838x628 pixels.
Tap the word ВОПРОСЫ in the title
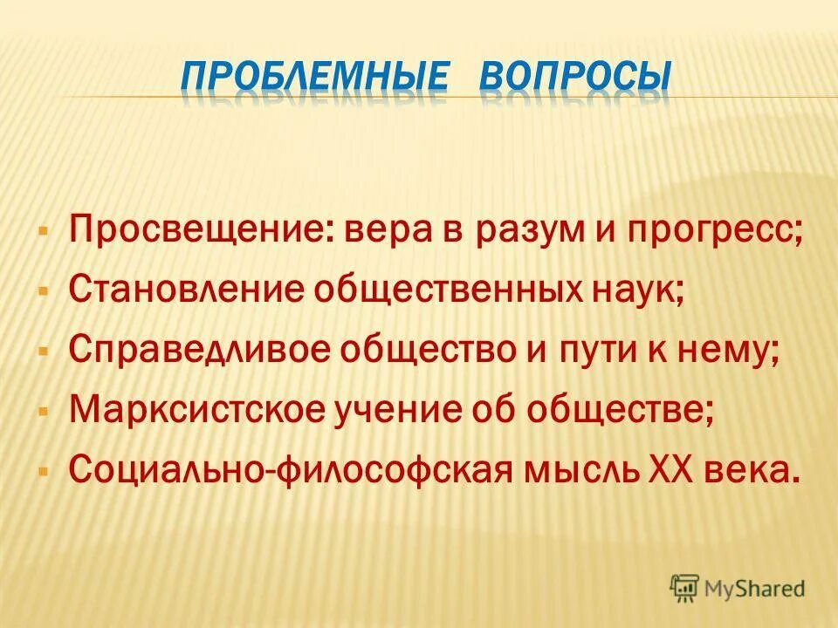(576, 78)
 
